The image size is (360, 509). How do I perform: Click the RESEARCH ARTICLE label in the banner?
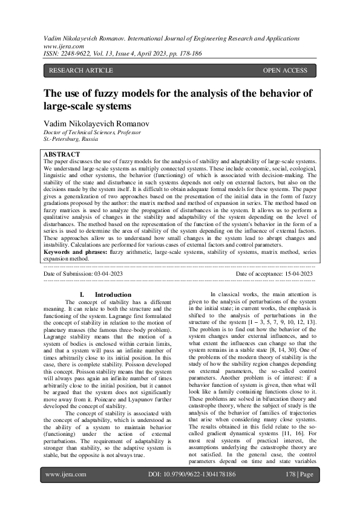tap(80, 71)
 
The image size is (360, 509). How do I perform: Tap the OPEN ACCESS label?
tap(285, 71)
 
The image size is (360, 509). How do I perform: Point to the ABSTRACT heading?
tap(62, 155)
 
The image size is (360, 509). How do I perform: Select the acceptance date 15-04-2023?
tap(293, 274)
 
